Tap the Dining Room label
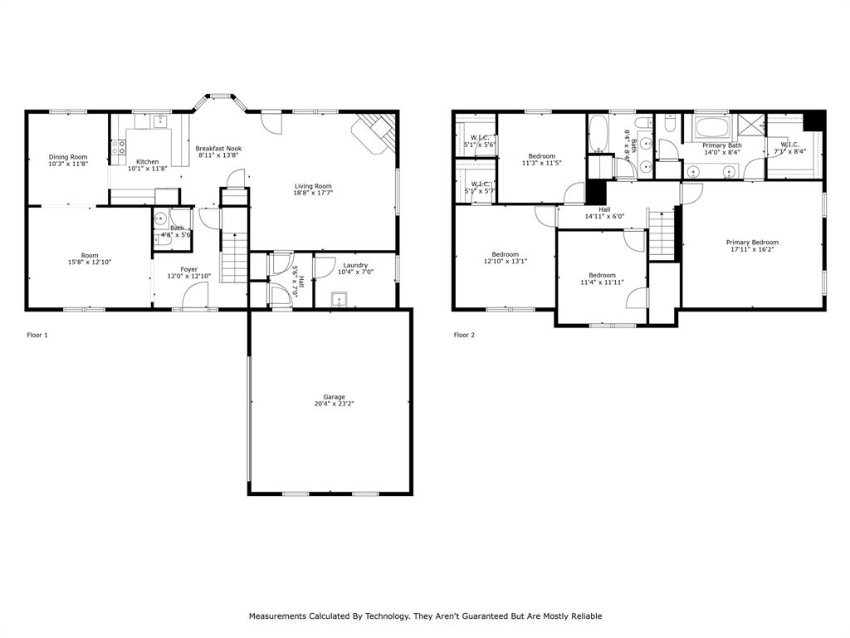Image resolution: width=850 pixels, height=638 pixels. click(x=68, y=157)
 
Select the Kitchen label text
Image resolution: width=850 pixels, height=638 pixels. click(x=148, y=162)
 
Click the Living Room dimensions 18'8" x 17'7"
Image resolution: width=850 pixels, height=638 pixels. click(x=314, y=193)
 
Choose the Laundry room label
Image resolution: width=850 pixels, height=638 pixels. click(x=354, y=266)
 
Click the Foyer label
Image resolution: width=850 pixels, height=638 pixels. click(x=188, y=269)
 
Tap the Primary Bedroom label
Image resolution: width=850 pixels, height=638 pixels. click(x=754, y=243)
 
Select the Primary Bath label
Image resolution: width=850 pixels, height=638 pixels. click(x=722, y=145)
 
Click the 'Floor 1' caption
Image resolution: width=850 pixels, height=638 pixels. click(x=38, y=335)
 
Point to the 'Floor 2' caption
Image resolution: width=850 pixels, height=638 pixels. click(x=465, y=335)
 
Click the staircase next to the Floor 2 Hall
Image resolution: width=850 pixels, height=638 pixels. click(x=662, y=235)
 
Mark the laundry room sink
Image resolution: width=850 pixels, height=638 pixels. click(x=339, y=299)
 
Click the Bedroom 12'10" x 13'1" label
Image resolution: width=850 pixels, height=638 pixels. click(x=505, y=254)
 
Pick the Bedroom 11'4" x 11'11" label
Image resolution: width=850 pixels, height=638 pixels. click(x=602, y=275)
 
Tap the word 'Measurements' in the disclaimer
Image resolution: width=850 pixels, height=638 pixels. click(x=278, y=616)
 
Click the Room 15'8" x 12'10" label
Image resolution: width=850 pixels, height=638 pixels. click(x=90, y=256)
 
